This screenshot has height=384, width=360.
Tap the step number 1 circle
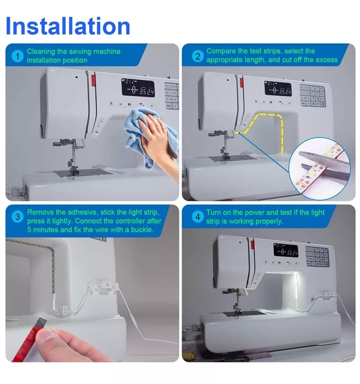point(18,56)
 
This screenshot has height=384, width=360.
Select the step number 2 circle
point(197,56)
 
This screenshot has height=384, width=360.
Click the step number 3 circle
point(18,217)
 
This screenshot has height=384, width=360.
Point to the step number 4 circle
point(197,217)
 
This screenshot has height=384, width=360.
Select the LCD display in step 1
point(138,88)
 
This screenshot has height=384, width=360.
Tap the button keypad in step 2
point(312,95)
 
